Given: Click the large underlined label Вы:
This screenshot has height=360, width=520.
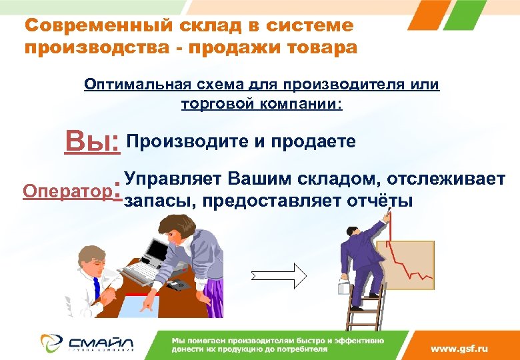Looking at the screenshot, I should click(x=92, y=142).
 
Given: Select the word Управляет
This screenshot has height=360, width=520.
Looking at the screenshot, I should click(x=173, y=179).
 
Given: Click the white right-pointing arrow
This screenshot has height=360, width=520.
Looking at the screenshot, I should click(x=278, y=275).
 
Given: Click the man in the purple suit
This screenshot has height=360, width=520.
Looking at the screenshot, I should click(x=359, y=260).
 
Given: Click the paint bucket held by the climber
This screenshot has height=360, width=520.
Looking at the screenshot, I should click(x=343, y=288).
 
